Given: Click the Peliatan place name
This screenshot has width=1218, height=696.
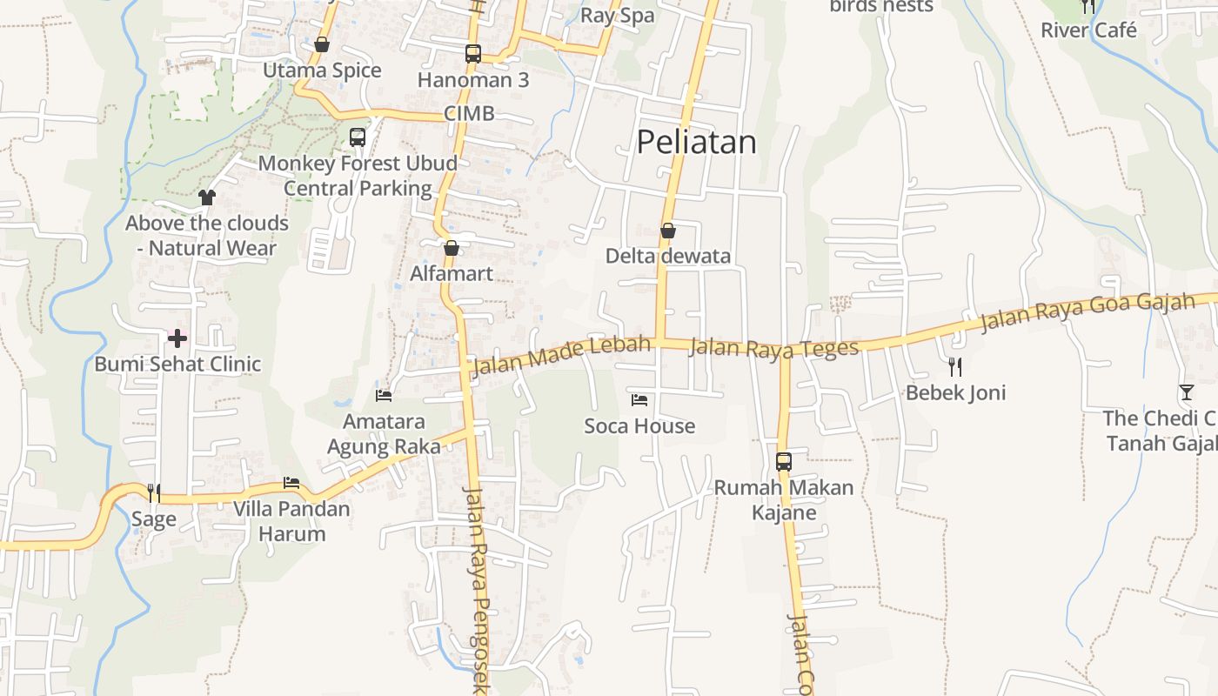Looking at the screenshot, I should click(696, 142).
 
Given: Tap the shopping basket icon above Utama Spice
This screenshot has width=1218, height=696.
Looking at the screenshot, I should click(322, 44).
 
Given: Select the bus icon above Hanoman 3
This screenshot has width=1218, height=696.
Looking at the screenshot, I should click(472, 54).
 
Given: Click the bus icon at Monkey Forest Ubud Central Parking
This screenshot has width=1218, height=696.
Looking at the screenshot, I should click(357, 137).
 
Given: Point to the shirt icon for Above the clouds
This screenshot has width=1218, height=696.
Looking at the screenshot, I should click(206, 197).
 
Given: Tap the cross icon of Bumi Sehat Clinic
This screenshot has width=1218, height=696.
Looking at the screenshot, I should click(177, 338).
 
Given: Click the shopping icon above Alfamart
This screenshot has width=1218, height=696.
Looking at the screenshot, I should click(451, 248).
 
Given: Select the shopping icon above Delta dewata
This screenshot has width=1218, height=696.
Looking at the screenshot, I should click(668, 231).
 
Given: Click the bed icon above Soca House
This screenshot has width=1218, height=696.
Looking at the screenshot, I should click(639, 400).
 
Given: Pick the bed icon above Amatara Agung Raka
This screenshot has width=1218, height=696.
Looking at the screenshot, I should click(384, 396).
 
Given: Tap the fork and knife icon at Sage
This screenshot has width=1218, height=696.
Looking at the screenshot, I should click(153, 493).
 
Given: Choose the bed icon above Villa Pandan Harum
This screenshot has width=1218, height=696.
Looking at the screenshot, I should click(291, 483).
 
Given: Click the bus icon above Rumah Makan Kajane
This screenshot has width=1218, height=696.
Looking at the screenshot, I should click(783, 461).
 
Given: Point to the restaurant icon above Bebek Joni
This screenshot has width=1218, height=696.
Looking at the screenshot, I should click(955, 367).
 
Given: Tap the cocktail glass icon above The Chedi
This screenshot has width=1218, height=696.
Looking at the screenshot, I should click(1186, 392).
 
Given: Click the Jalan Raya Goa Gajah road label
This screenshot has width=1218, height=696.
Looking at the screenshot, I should click(1087, 313).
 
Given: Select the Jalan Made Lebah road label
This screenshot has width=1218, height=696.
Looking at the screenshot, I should click(560, 356).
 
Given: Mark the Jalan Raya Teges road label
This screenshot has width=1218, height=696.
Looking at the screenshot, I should click(773, 348).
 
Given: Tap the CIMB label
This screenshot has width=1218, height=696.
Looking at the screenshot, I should click(469, 114).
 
